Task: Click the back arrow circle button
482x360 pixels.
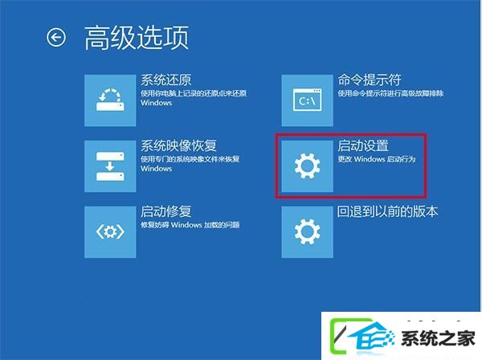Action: point(56,38)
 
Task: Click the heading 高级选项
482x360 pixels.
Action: point(137,38)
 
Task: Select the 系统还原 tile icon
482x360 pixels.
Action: point(110,100)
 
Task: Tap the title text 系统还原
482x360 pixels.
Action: point(166,80)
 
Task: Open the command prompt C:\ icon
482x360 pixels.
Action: point(308,100)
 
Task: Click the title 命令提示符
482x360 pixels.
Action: point(370,80)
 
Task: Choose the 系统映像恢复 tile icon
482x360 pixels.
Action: point(110,166)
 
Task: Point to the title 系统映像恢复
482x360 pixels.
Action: point(178,145)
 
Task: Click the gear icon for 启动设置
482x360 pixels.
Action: point(308,166)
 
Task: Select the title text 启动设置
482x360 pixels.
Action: point(363,145)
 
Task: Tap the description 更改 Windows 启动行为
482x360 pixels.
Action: point(377,159)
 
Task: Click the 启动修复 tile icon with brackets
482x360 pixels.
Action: point(110,232)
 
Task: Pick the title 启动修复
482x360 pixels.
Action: point(166,211)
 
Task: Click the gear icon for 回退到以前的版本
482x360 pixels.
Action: point(308,232)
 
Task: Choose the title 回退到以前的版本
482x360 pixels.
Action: point(388,211)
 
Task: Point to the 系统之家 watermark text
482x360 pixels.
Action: point(438,339)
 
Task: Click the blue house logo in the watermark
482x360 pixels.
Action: point(371,337)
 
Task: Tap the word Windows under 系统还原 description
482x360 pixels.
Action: point(156,103)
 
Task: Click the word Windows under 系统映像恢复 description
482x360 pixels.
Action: point(156,169)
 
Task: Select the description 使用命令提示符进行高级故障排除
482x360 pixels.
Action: point(390,93)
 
